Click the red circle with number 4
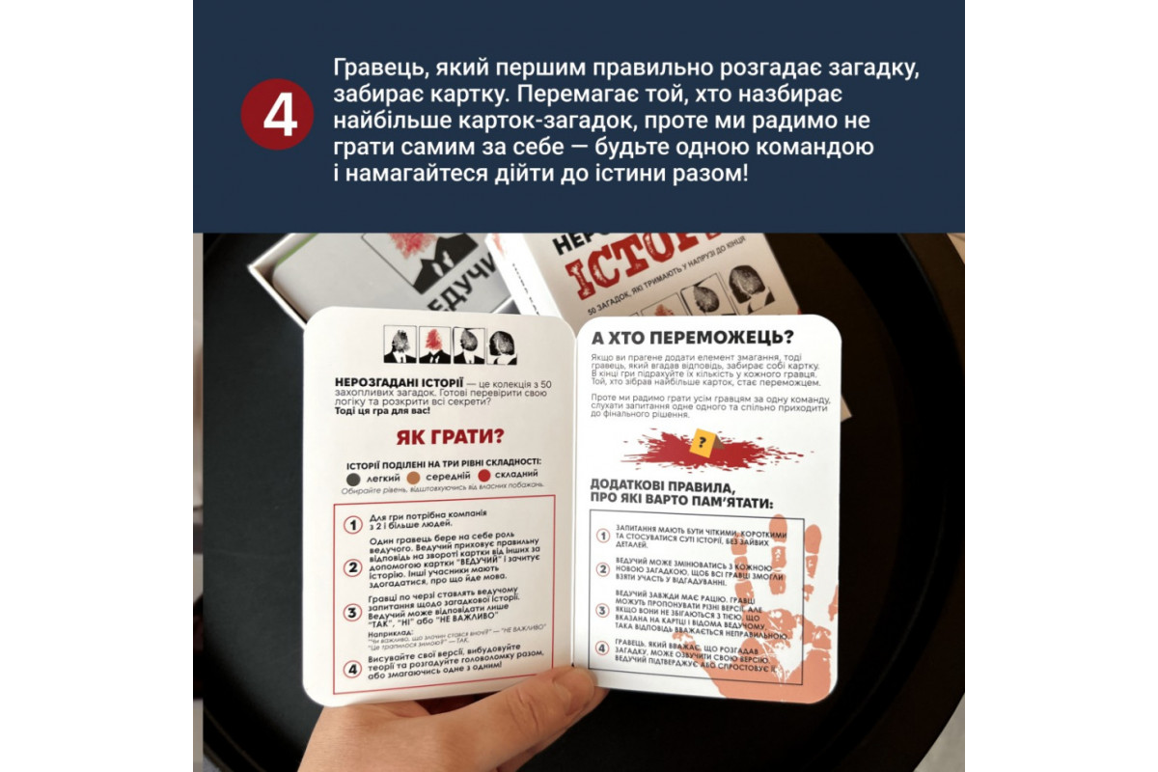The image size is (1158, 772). click(278, 115)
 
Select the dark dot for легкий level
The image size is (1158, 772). click(354, 477)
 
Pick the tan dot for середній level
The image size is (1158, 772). click(412, 477)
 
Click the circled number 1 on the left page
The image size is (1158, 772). click(353, 525)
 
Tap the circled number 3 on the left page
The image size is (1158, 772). click(353, 613)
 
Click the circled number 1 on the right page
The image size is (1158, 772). click(603, 537)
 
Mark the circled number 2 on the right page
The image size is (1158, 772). click(603, 569)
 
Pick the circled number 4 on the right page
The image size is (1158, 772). click(603, 648)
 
